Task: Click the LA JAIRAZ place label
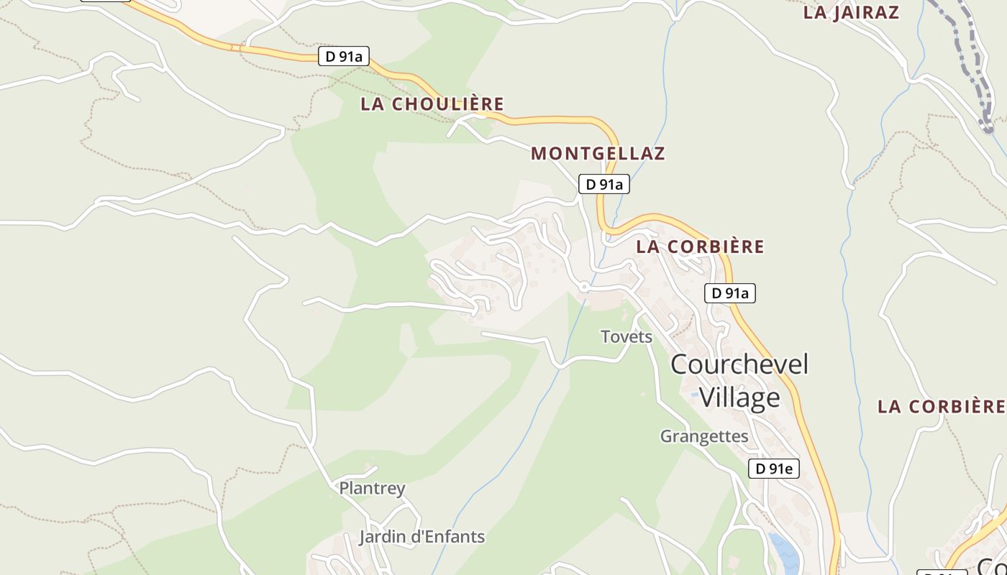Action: tap(851, 12)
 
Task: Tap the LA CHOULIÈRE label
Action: tap(432, 104)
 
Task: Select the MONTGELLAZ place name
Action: tap(598, 153)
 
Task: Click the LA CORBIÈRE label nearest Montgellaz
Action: tap(700, 247)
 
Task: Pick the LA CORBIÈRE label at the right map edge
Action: tap(941, 406)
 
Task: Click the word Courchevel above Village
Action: tap(739, 364)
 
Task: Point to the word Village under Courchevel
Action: tap(739, 397)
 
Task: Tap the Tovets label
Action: tap(626, 336)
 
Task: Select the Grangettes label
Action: tap(704, 436)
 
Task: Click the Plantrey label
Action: tap(372, 489)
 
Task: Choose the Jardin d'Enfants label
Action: tap(422, 537)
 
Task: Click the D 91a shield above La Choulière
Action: tap(344, 57)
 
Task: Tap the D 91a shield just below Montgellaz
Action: tap(604, 185)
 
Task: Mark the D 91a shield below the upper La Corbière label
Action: tap(729, 293)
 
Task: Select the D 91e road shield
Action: tap(774, 469)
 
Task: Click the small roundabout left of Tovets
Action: tap(584, 287)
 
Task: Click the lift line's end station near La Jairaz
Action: tap(988, 129)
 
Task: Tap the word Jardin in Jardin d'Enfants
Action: tap(383, 537)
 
